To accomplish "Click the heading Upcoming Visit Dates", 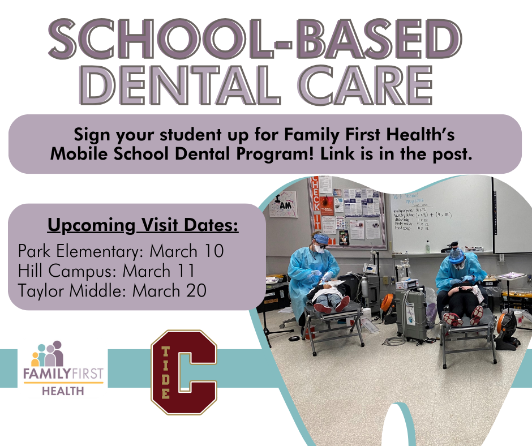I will (x=143, y=226).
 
